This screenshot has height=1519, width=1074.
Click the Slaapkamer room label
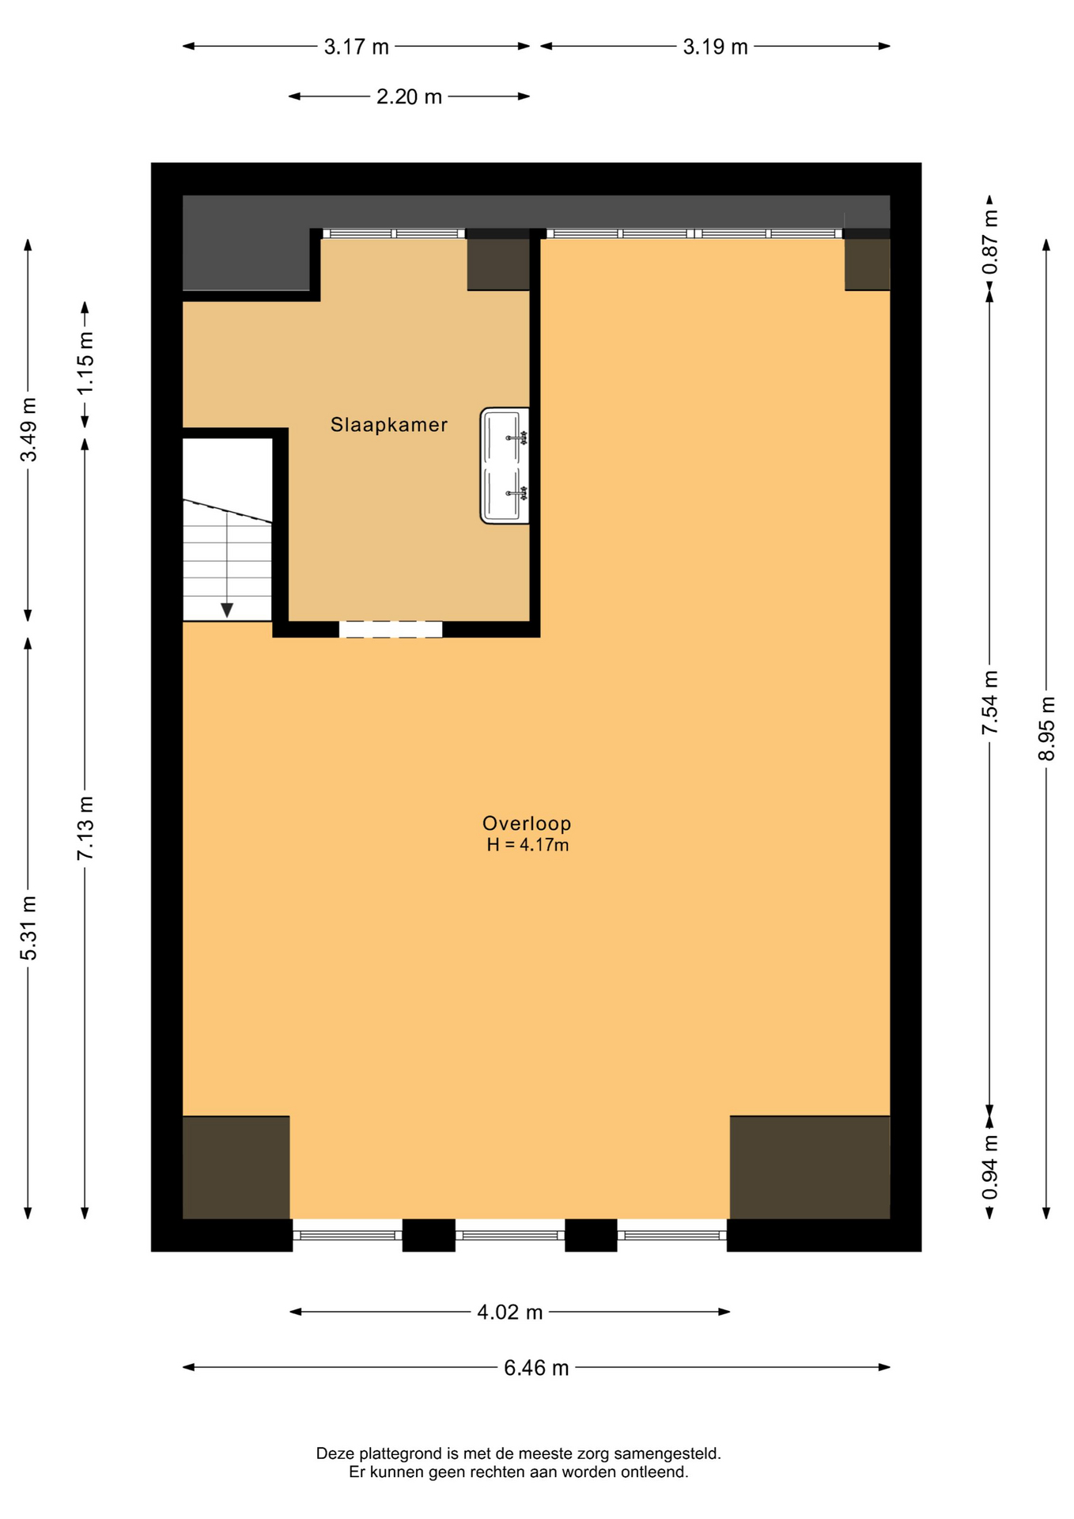tap(389, 425)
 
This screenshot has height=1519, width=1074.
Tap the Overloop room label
tap(527, 824)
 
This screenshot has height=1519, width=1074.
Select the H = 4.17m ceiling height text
tap(528, 845)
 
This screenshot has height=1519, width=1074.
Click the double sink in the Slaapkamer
tap(505, 465)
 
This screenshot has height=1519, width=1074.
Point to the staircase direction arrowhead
tap(227, 610)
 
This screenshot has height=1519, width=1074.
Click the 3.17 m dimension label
tap(357, 47)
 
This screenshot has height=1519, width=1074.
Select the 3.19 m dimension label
tap(716, 47)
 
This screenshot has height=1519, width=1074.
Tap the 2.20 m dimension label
tap(409, 97)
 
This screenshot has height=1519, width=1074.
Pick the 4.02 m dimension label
tap(510, 1313)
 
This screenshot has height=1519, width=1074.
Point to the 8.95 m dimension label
tap(1046, 729)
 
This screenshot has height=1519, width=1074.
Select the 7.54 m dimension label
tap(990, 703)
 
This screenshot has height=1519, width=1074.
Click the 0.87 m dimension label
tap(990, 242)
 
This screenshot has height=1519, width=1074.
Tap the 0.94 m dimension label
tap(990, 1167)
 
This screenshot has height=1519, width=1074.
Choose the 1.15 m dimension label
tap(85, 363)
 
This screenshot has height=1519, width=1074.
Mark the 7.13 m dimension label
tap(85, 828)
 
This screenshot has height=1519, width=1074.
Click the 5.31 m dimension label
tap(28, 929)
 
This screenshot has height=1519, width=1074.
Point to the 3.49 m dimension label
tap(28, 430)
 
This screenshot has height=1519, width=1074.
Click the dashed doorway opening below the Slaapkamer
tap(391, 630)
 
